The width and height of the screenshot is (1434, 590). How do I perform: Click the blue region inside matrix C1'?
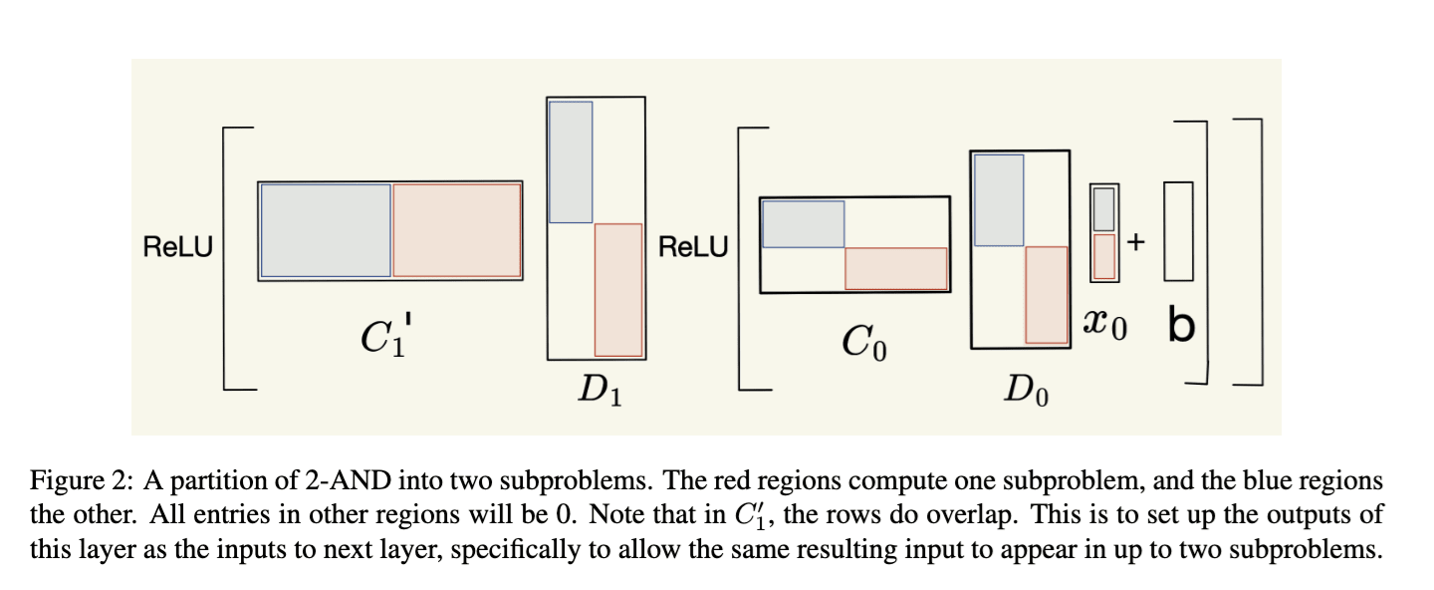(x=326, y=230)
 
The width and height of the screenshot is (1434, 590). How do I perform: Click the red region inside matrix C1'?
(x=457, y=230)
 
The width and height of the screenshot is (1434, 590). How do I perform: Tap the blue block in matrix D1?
(x=571, y=161)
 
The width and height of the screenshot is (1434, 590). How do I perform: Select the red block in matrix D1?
(x=618, y=289)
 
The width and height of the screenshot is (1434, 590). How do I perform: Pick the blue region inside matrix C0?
(x=804, y=223)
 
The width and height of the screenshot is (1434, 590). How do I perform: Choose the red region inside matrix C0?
(x=896, y=268)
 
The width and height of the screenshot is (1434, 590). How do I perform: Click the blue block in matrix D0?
(x=999, y=199)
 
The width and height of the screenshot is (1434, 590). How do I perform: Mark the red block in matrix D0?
(x=1047, y=295)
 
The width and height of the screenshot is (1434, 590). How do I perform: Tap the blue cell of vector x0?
(x=1103, y=209)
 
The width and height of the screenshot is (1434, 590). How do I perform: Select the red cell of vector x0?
(x=1103, y=256)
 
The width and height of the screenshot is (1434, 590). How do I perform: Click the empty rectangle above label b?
(x=1178, y=231)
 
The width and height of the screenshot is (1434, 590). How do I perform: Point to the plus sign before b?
(x=1136, y=241)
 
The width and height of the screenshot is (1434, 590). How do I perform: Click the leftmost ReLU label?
(x=178, y=247)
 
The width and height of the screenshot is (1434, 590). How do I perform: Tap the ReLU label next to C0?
(x=693, y=247)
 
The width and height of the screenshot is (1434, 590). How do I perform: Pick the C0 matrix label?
(x=862, y=344)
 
